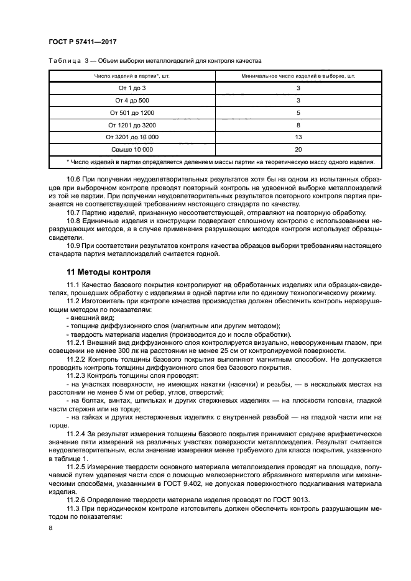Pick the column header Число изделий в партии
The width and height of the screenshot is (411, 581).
(x=132, y=76)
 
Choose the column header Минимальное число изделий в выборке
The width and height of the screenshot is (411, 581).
(x=298, y=76)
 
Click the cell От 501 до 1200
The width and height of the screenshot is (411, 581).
(x=132, y=112)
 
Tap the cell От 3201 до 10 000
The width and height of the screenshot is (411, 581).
(x=132, y=137)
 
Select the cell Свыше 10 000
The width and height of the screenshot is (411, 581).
(x=132, y=150)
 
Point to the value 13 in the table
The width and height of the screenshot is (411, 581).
(x=298, y=137)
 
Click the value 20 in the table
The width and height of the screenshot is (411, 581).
(x=298, y=150)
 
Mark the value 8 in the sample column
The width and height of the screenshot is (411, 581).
(x=298, y=125)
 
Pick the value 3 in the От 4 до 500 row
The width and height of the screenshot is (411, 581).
(x=298, y=100)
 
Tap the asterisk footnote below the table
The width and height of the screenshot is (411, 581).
(x=221, y=162)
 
